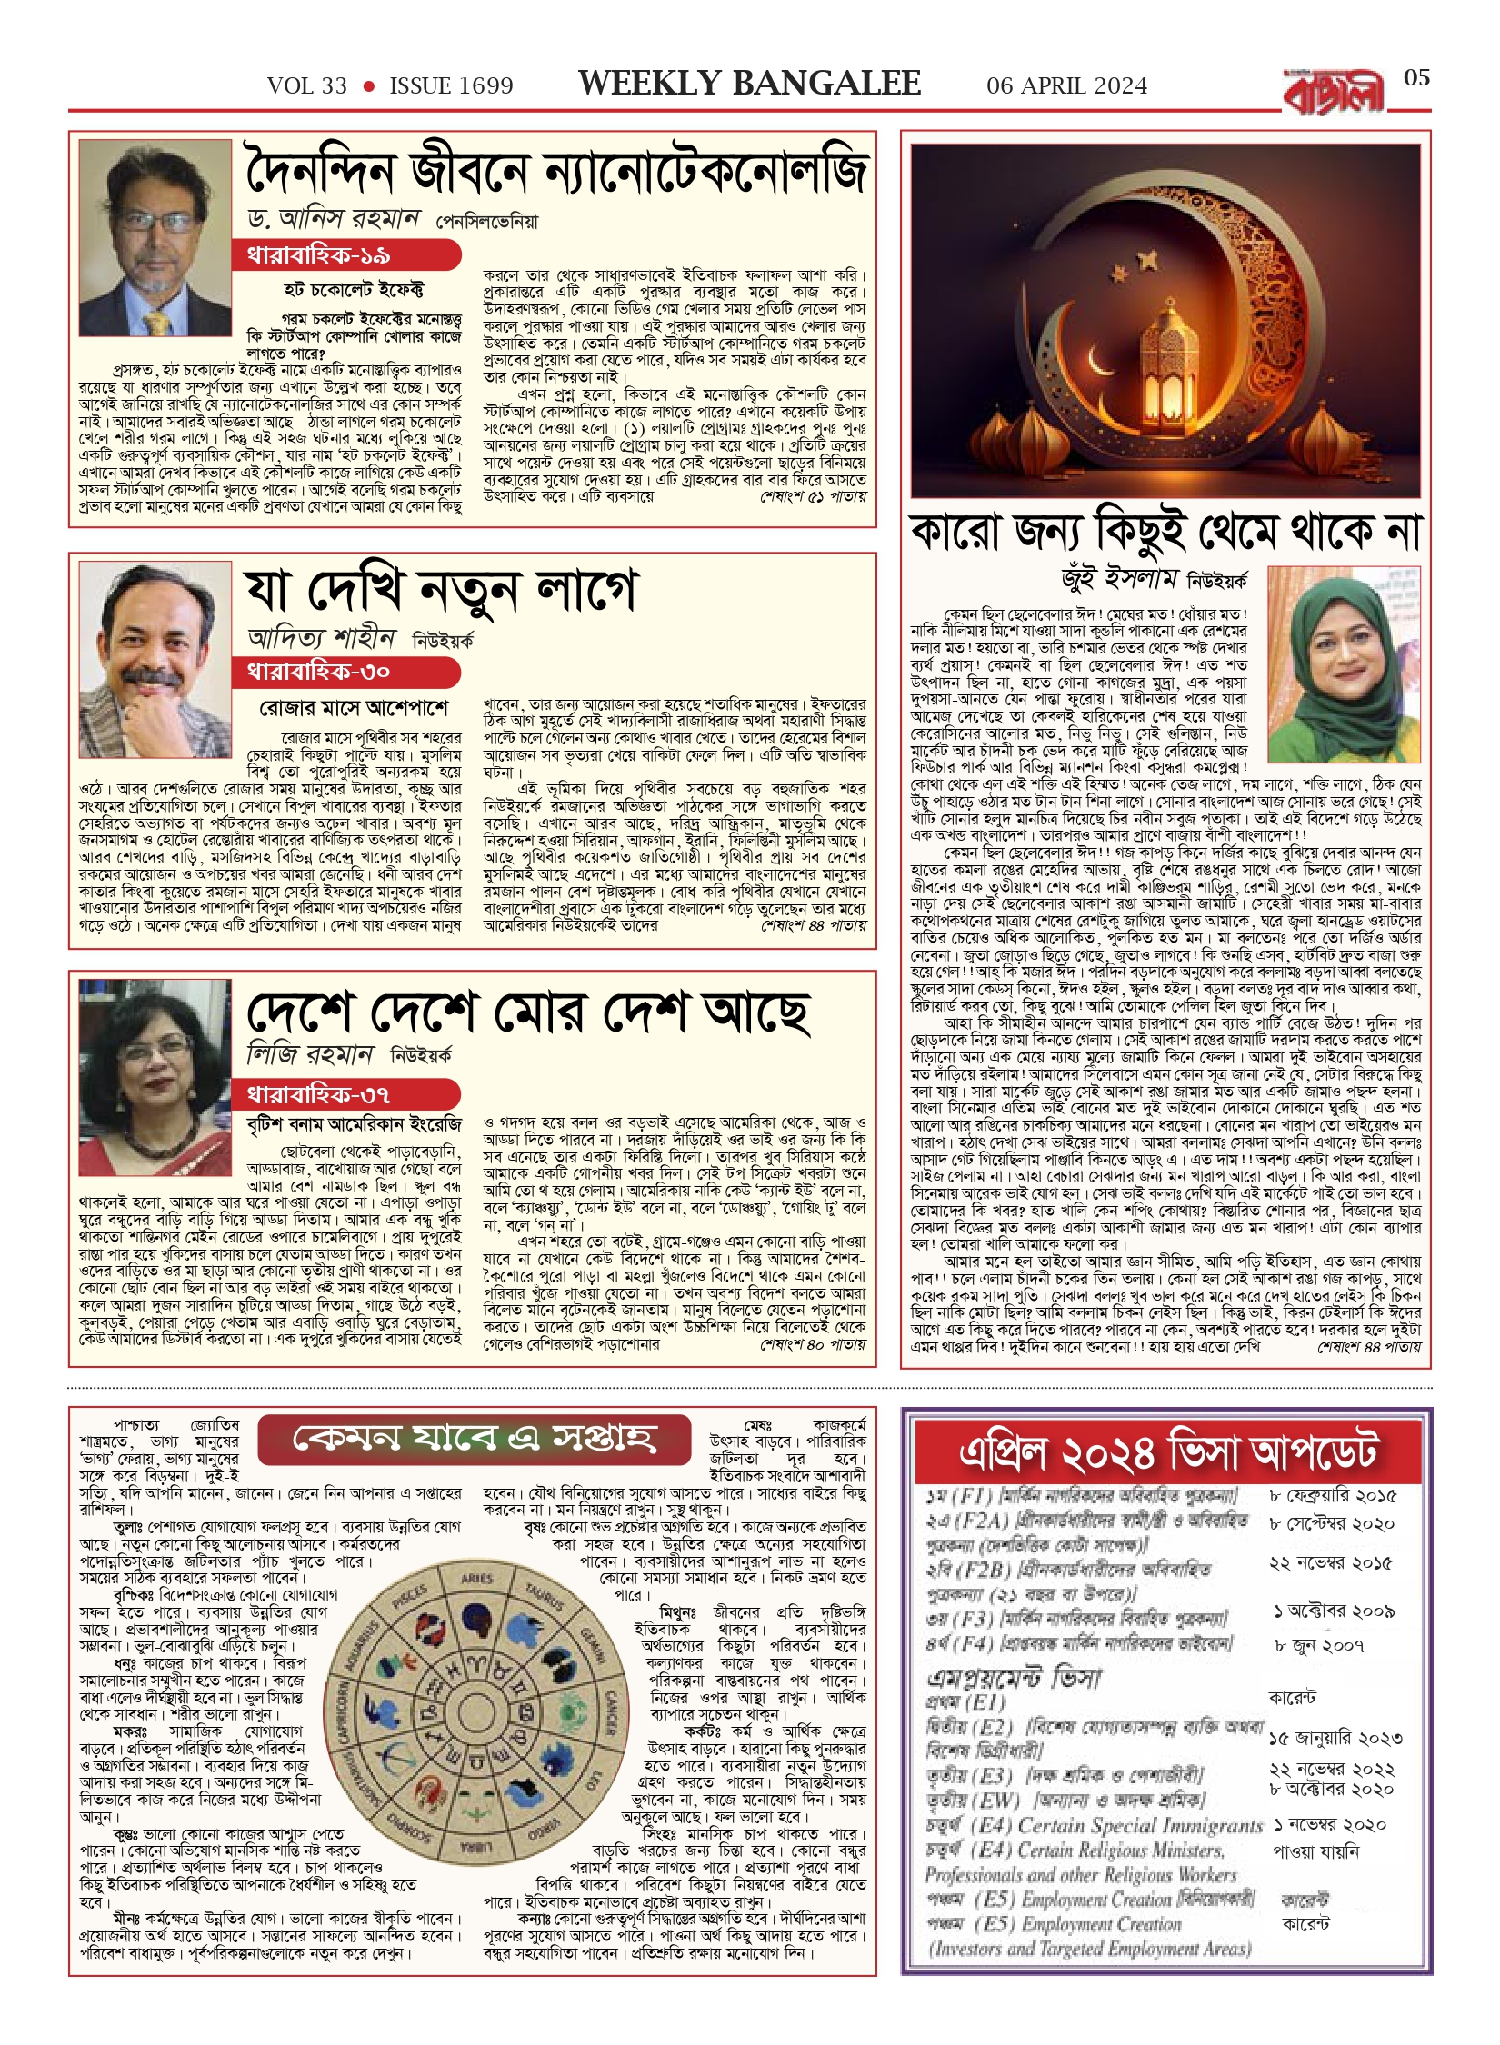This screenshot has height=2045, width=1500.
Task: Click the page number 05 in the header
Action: point(1416,78)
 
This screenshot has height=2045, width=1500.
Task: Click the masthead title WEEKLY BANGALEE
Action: point(749,84)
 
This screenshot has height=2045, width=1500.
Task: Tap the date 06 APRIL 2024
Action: point(1066,86)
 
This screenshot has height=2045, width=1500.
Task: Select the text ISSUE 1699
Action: point(451,86)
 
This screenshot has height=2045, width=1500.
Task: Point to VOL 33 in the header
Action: point(307,86)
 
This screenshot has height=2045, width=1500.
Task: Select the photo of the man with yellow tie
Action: point(154,238)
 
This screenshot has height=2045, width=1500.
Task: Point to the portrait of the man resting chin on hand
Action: point(155,658)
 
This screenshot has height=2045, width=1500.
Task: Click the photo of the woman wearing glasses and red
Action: point(155,1077)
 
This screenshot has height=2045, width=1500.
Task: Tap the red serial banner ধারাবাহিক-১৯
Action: point(345,255)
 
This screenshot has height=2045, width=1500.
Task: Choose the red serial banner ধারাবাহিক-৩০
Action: point(345,672)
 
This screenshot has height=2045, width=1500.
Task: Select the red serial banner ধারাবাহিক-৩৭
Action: point(345,1092)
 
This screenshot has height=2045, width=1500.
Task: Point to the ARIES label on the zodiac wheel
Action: point(476,1579)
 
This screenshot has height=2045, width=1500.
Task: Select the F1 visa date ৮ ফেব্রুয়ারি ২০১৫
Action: point(1332,1496)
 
